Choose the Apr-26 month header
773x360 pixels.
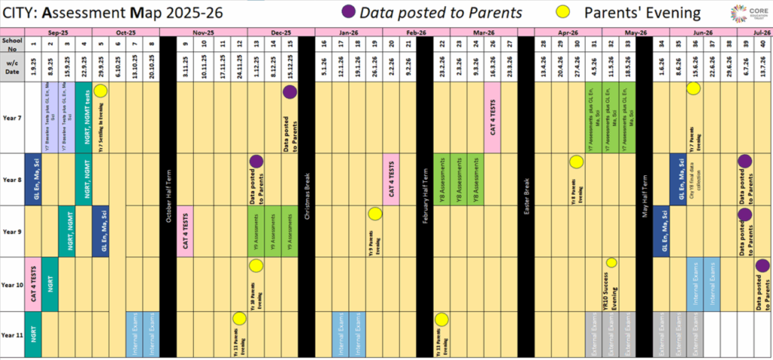(566, 33)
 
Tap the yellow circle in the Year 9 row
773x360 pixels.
(374, 214)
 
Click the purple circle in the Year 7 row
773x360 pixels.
(290, 92)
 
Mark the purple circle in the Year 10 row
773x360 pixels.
(762, 265)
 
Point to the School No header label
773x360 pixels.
(12, 44)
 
